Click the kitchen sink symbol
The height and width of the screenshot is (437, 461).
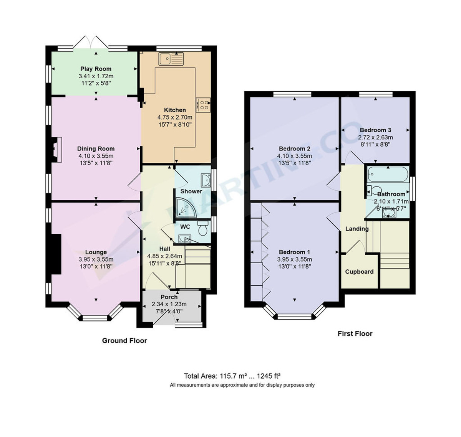[x=171, y=59]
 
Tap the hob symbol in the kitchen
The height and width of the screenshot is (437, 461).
[x=203, y=105]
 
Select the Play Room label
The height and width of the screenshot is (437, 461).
[x=96, y=69]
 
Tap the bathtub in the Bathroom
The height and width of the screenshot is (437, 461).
[x=387, y=174]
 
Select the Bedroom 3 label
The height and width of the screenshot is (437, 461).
[x=375, y=130]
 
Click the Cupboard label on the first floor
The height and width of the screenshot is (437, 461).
[x=359, y=272]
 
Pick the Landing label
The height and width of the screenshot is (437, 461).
[x=357, y=229]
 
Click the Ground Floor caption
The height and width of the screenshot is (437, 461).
[x=124, y=340]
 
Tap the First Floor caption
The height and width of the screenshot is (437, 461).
[x=355, y=333]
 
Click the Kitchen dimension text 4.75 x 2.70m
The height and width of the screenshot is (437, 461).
[x=175, y=117]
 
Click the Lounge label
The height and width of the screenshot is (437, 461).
[x=96, y=252]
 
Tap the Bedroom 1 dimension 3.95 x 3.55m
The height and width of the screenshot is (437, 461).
[x=294, y=259]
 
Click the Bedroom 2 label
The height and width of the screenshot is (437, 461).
[x=294, y=149]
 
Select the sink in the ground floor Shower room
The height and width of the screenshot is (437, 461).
[x=205, y=180]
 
